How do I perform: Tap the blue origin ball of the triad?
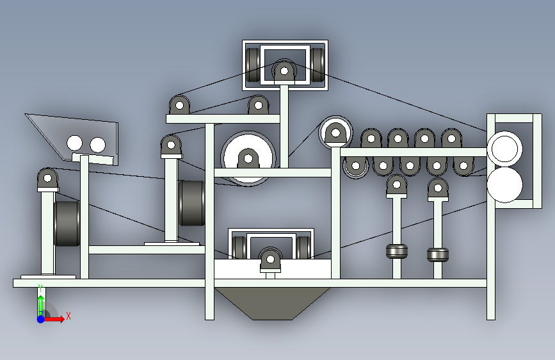click(x=40, y=318)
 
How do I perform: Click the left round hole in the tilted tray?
click(x=75, y=143)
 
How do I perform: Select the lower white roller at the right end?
click(x=504, y=184)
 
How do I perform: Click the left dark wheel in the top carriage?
click(x=253, y=65)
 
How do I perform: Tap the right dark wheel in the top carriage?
click(x=318, y=65)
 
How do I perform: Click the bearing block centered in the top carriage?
click(x=282, y=71)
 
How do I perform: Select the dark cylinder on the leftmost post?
click(x=67, y=224)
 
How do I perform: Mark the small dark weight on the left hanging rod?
click(x=397, y=250)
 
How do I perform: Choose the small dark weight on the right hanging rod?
click(x=438, y=254)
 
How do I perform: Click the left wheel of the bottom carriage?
click(x=239, y=248)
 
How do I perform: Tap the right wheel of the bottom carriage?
click(x=303, y=248)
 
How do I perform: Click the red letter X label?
click(x=68, y=315)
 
